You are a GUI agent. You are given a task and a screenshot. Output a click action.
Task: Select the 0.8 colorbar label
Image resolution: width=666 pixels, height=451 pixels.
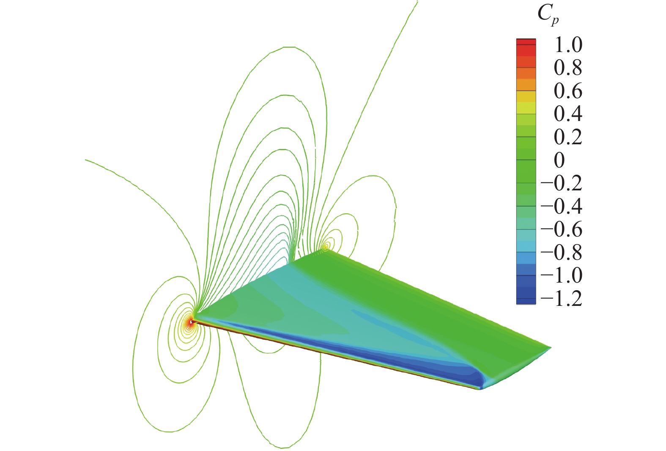568,68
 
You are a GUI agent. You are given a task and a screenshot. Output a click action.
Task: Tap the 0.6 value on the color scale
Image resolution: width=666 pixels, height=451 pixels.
568,91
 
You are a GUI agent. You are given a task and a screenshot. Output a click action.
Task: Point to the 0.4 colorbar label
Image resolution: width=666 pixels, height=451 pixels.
568,114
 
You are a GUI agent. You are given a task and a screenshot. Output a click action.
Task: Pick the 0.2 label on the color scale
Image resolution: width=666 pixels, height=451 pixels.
568,137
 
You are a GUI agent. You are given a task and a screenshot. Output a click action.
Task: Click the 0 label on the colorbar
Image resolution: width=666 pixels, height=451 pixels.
559,160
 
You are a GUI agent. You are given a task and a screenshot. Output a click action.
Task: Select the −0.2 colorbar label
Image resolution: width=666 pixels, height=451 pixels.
562,183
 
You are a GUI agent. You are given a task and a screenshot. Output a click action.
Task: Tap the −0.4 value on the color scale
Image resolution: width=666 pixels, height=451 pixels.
562,206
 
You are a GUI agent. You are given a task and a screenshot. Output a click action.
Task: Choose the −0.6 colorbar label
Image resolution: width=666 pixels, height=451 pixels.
562,229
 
